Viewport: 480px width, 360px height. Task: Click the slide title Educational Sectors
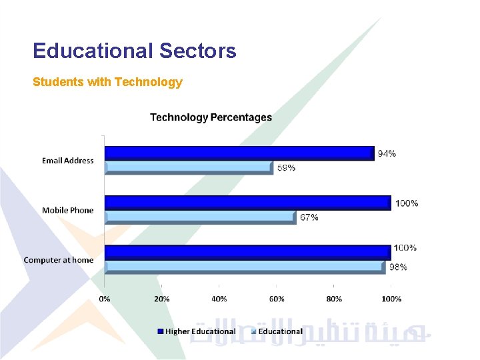click(x=134, y=51)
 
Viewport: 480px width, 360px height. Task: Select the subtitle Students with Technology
click(x=107, y=82)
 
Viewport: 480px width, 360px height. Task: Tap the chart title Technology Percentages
click(x=211, y=117)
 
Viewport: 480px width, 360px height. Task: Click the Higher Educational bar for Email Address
click(x=239, y=153)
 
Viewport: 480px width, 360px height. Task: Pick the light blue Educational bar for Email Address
click(x=189, y=167)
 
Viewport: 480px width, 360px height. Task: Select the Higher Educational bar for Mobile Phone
click(x=247, y=203)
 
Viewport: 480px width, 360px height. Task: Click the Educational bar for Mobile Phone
click(x=200, y=217)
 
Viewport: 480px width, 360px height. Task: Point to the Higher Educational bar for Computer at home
click(x=247, y=252)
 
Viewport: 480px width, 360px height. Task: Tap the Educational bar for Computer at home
click(x=245, y=267)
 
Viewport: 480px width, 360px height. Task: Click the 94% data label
click(x=387, y=153)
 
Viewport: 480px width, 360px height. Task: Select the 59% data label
click(x=286, y=168)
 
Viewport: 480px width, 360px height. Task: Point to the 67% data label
click(x=309, y=217)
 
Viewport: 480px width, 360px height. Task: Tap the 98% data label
click(x=398, y=267)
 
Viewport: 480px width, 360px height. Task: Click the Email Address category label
click(x=67, y=161)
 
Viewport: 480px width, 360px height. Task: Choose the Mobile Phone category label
click(x=67, y=210)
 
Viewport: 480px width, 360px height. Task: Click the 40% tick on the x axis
click(x=219, y=299)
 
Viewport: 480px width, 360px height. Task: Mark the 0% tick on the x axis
click(x=105, y=299)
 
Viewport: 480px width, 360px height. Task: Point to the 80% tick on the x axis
click(x=334, y=299)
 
